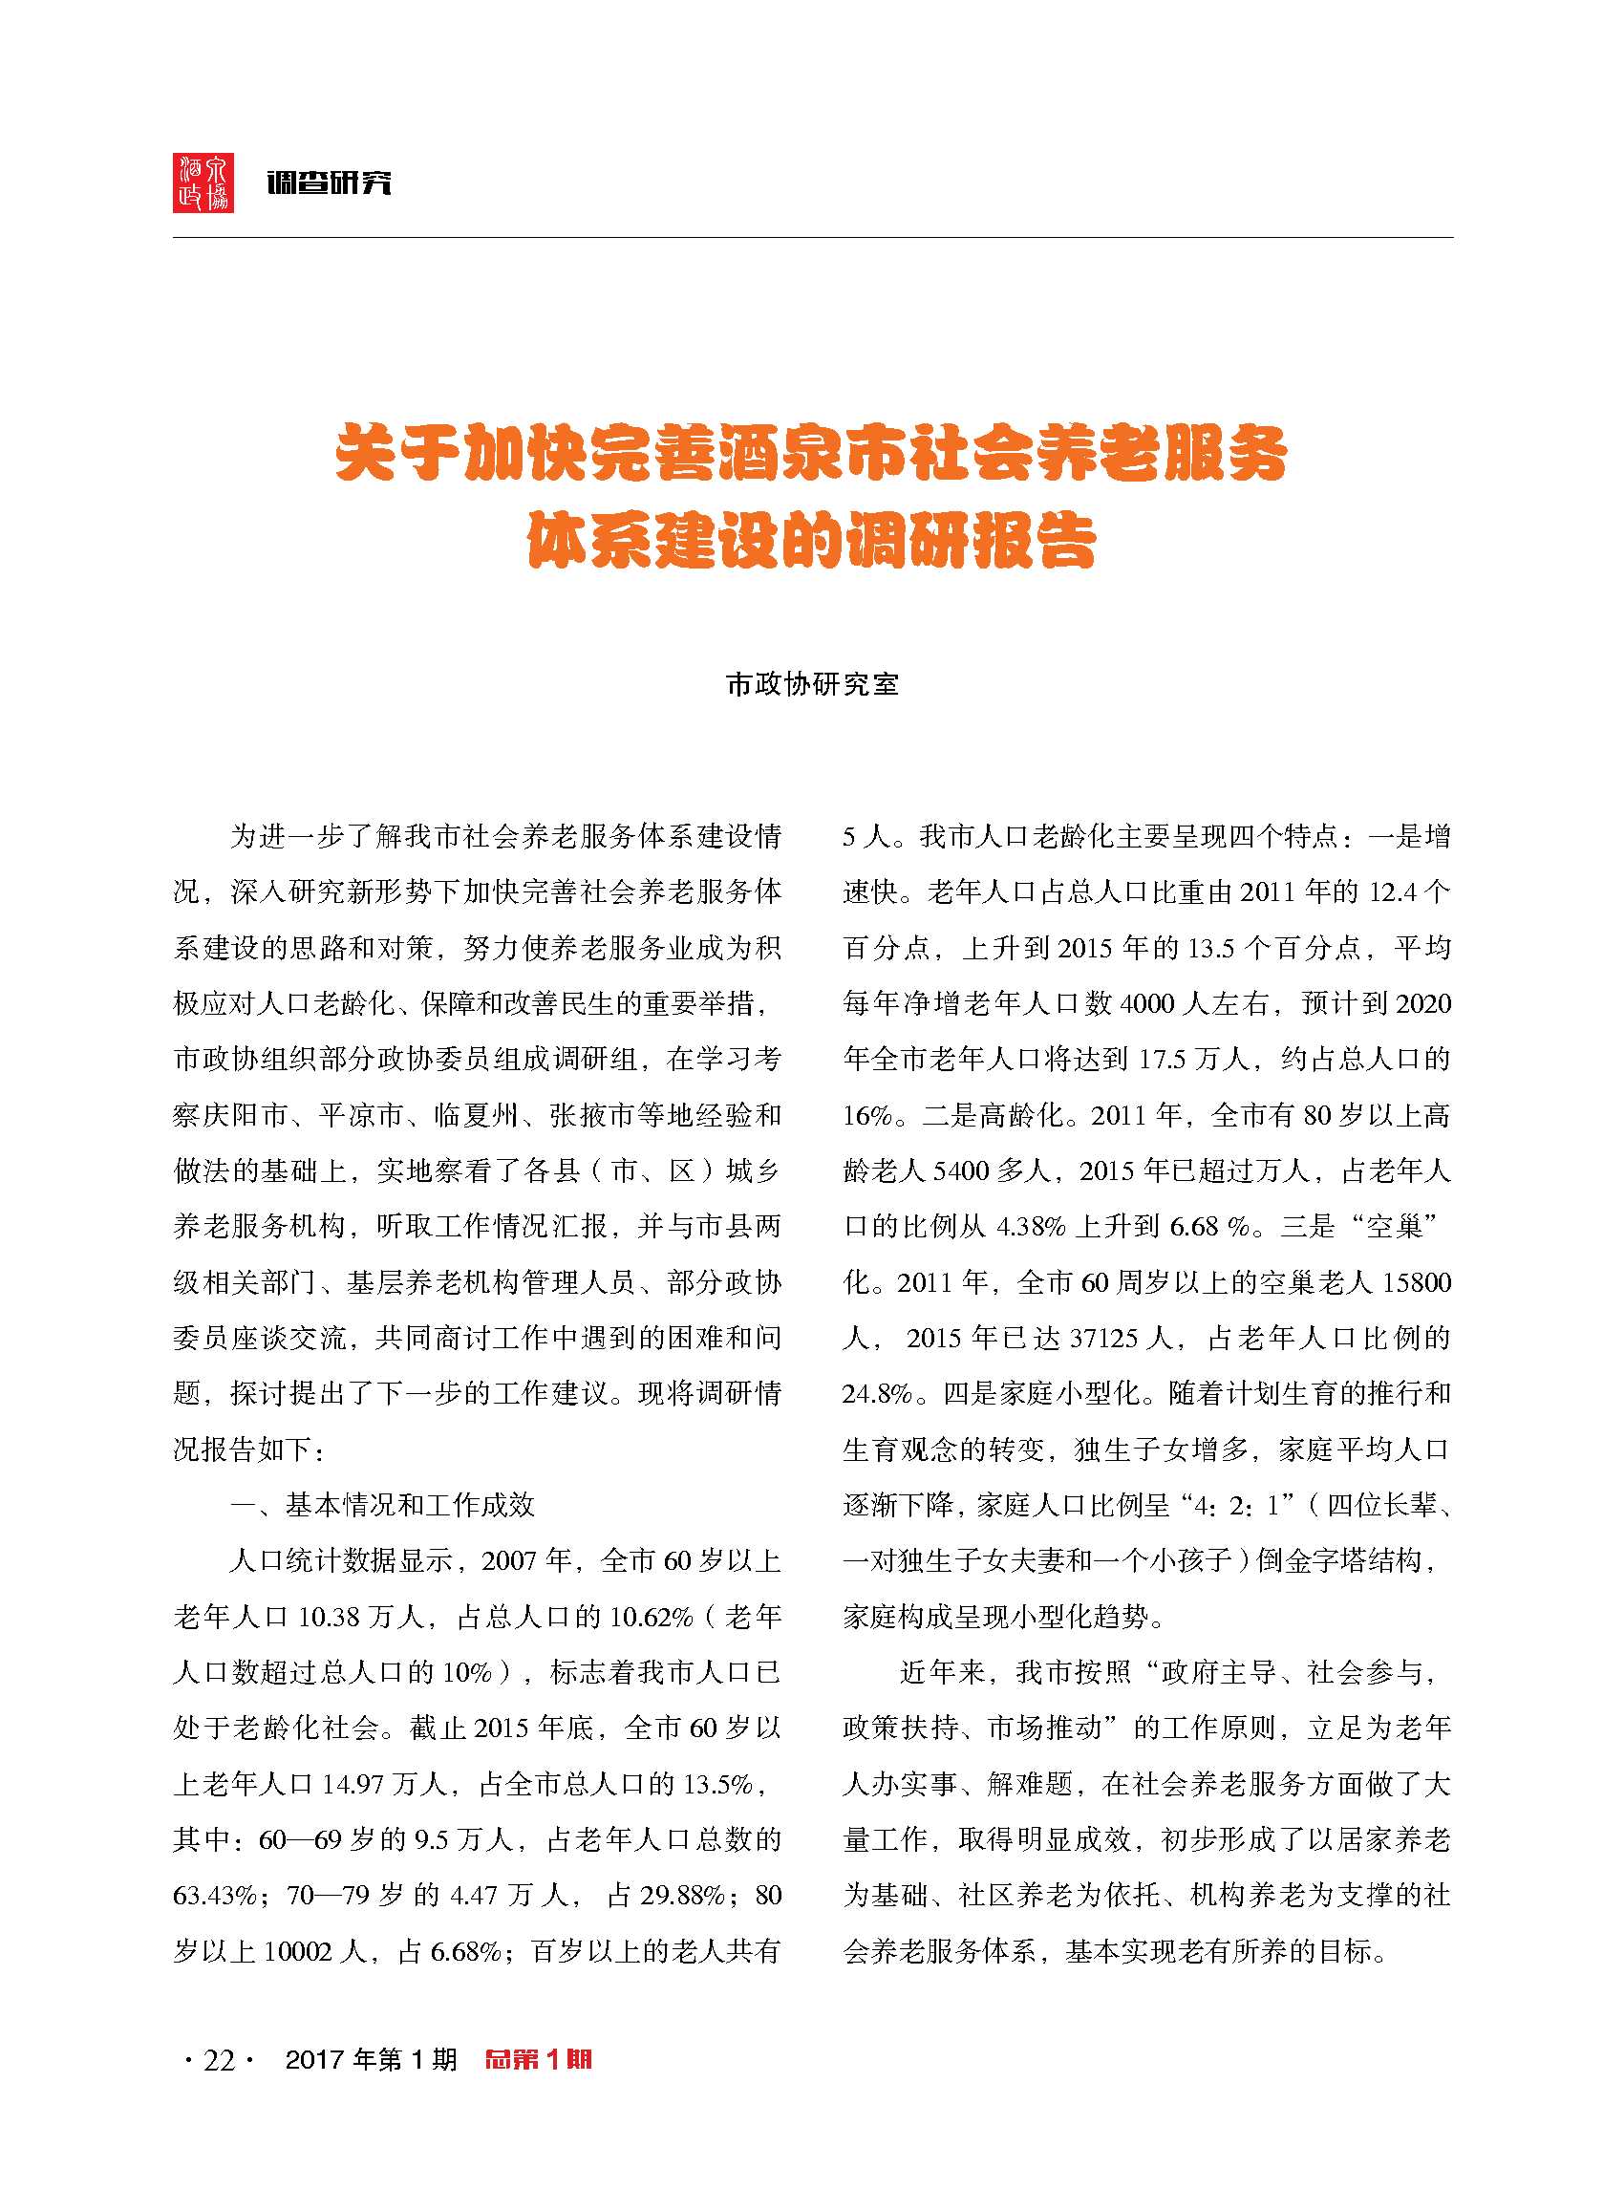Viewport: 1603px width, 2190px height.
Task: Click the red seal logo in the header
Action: pos(203,182)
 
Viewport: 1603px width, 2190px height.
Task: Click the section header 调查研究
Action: pos(329,182)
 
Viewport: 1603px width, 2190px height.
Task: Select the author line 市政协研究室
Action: pos(812,685)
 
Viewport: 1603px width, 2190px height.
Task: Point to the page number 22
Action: pos(219,2060)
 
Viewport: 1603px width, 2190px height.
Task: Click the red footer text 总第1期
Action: pos(539,2059)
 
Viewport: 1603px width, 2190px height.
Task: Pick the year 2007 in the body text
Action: pos(508,1561)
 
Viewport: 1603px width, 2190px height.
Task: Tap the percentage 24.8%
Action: pos(876,1394)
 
